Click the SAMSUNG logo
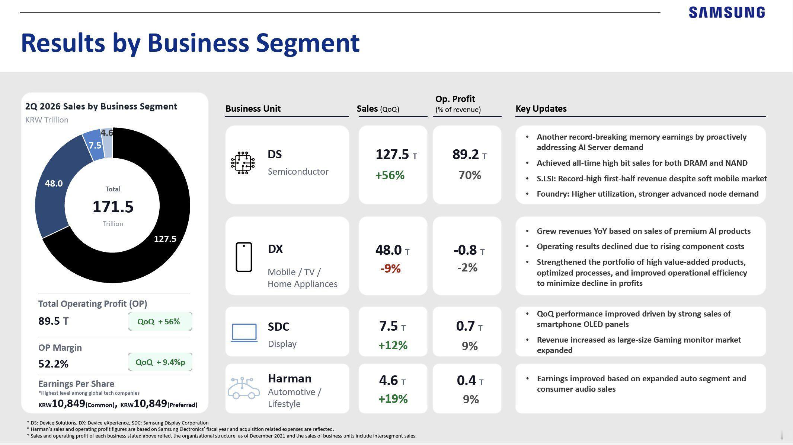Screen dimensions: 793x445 727,12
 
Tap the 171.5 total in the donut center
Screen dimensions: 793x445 113,207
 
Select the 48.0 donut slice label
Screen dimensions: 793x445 54,183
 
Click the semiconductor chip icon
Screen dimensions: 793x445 243,163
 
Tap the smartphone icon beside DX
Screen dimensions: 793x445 244,257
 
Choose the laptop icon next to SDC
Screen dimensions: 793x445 244,333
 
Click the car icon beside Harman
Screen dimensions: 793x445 244,388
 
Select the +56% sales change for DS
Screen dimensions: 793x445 390,175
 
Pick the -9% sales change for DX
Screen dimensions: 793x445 390,268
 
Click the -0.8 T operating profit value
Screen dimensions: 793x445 469,250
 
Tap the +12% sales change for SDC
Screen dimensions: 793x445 393,345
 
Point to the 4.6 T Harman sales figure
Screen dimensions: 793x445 392,381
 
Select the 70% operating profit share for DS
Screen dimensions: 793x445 470,175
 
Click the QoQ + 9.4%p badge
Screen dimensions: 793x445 160,362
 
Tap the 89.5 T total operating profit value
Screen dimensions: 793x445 53,321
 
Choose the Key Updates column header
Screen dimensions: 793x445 541,109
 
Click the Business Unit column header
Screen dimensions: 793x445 253,109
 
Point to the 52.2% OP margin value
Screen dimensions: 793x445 53,364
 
